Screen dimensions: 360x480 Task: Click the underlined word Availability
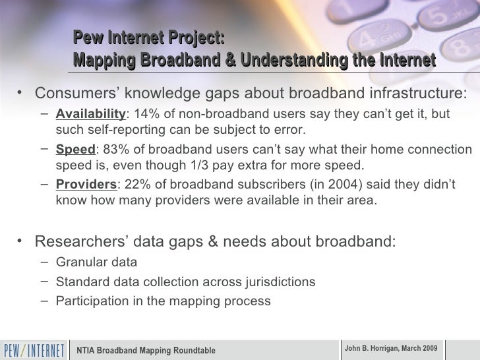(x=90, y=114)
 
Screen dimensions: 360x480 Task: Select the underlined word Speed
(x=75, y=150)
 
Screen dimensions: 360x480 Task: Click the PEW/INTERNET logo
(x=34, y=349)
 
